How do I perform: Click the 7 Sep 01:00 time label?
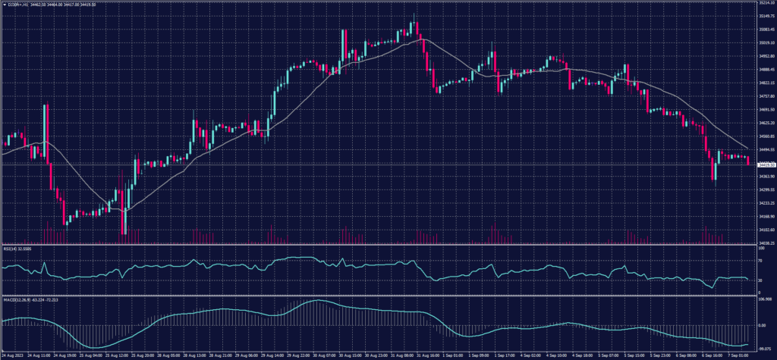point(738,354)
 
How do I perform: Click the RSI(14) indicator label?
point(17,248)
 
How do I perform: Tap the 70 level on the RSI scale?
point(760,261)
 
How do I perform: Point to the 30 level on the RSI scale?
point(760,280)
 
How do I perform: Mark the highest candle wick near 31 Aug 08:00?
point(414,14)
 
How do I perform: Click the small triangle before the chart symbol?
point(4,5)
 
